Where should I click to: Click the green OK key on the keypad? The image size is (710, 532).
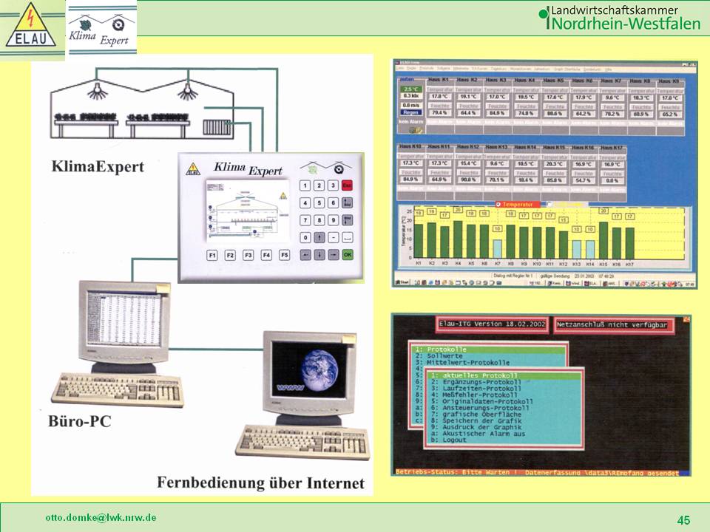coord(348,255)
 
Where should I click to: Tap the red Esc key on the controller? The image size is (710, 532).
coord(348,186)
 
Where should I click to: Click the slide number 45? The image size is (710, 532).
coord(683,520)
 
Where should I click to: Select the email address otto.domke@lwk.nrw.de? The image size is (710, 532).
coord(101,517)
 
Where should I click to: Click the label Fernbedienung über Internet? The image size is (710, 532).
coord(260,483)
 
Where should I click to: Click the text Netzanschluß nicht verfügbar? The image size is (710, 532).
coord(615,324)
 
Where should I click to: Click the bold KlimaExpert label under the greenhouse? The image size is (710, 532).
coord(98,167)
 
